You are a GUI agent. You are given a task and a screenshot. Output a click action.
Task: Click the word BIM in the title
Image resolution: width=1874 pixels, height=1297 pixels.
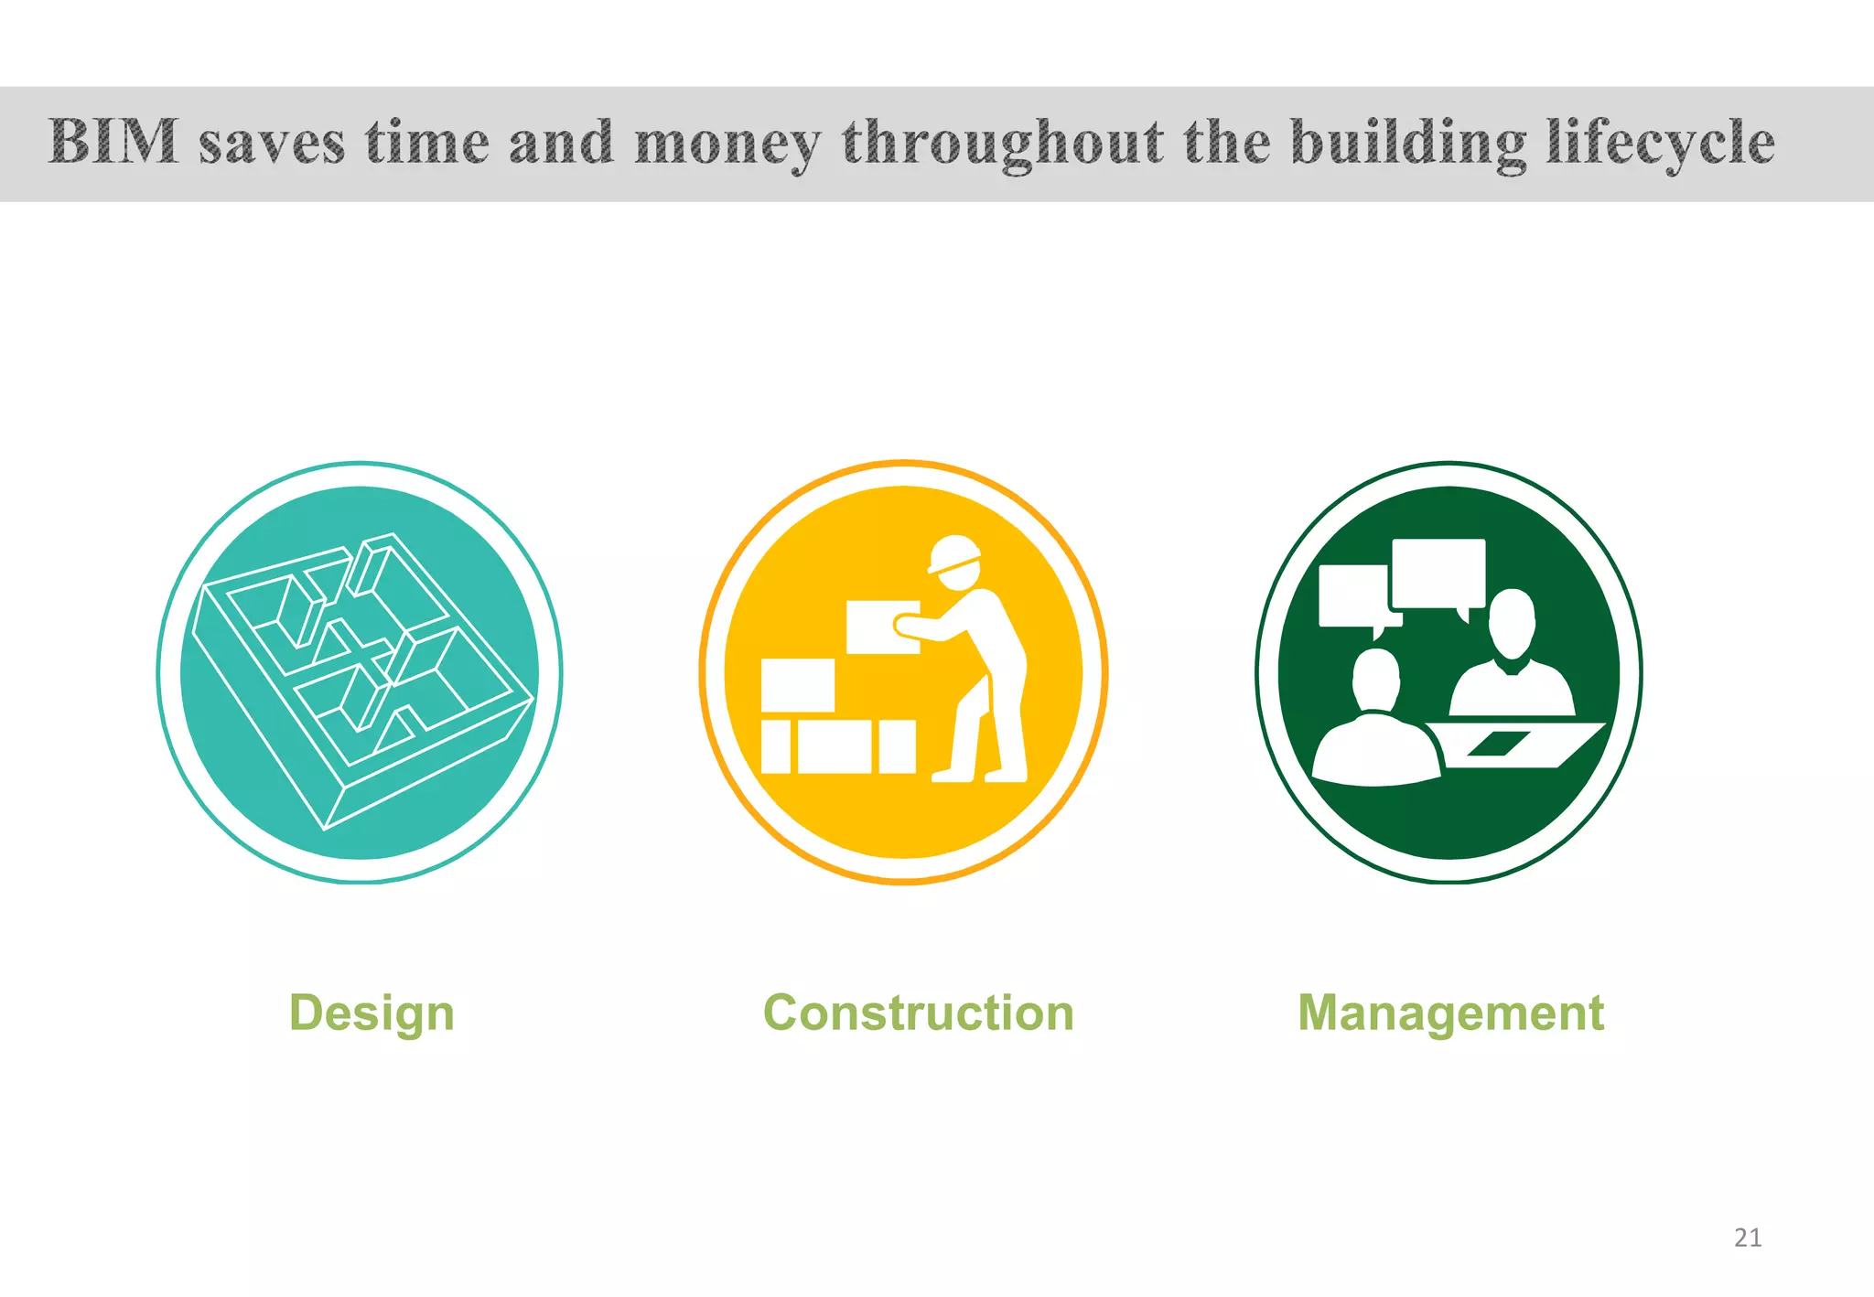(113, 143)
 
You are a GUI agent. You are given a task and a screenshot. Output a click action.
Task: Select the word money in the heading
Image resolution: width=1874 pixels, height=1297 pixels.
(727, 145)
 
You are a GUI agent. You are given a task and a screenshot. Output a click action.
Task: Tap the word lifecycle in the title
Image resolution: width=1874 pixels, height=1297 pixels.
(1660, 145)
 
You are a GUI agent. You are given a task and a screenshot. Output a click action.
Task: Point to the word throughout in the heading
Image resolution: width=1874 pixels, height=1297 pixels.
(1003, 145)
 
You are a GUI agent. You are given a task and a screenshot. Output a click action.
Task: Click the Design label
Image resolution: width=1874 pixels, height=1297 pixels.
(372, 1013)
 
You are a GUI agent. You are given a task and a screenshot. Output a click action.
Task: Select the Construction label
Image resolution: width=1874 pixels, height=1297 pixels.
(919, 1013)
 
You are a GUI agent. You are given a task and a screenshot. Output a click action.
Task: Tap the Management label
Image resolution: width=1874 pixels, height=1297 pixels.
(1450, 1013)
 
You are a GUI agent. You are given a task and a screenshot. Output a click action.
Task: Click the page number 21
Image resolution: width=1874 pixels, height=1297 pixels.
(1748, 1238)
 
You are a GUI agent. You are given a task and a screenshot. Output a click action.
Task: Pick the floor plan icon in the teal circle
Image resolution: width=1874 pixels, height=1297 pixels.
(361, 677)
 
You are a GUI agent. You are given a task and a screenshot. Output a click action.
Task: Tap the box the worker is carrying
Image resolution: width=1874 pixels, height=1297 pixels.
(880, 627)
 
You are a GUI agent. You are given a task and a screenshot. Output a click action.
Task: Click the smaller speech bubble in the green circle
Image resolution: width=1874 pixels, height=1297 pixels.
(1352, 596)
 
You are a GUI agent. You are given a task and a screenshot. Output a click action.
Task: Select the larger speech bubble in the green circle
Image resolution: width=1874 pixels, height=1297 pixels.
(1438, 573)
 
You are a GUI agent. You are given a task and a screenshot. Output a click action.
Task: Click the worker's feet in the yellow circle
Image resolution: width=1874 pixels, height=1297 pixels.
(979, 776)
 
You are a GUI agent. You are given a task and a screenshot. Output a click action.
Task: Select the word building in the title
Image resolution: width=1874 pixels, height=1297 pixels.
(1409, 145)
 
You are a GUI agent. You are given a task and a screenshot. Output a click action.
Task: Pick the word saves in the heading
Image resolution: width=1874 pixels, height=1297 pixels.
(272, 145)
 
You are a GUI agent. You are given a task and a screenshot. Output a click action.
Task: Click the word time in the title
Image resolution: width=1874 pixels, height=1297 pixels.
(426, 145)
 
